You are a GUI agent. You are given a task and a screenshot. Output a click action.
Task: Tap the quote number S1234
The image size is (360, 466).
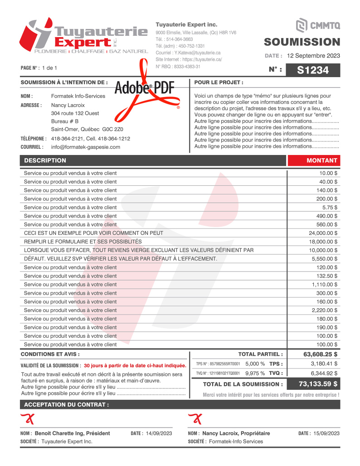click(x=313, y=70)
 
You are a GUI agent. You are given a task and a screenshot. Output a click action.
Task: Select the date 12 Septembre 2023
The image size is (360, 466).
click(x=313, y=56)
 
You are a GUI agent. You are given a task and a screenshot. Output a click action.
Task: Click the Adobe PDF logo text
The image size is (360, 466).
click(x=145, y=88)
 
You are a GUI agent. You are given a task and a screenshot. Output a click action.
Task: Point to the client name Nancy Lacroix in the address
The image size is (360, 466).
click(x=68, y=105)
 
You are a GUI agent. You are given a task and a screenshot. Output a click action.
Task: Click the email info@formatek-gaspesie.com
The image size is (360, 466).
click(x=86, y=147)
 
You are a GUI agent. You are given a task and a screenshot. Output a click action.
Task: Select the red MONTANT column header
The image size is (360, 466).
click(x=322, y=160)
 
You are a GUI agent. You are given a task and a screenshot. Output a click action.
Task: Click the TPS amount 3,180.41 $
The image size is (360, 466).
click(x=324, y=364)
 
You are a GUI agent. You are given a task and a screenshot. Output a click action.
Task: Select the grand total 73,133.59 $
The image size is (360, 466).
click(x=318, y=384)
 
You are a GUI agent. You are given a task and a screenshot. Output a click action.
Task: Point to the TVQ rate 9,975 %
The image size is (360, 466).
click(x=255, y=373)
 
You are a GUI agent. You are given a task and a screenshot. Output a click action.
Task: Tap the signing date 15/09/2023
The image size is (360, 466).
click(x=326, y=433)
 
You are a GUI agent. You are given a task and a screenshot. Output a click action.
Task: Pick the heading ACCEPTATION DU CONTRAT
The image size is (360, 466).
click(x=66, y=404)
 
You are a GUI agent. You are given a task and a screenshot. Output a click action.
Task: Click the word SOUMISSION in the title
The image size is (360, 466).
click(x=302, y=42)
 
